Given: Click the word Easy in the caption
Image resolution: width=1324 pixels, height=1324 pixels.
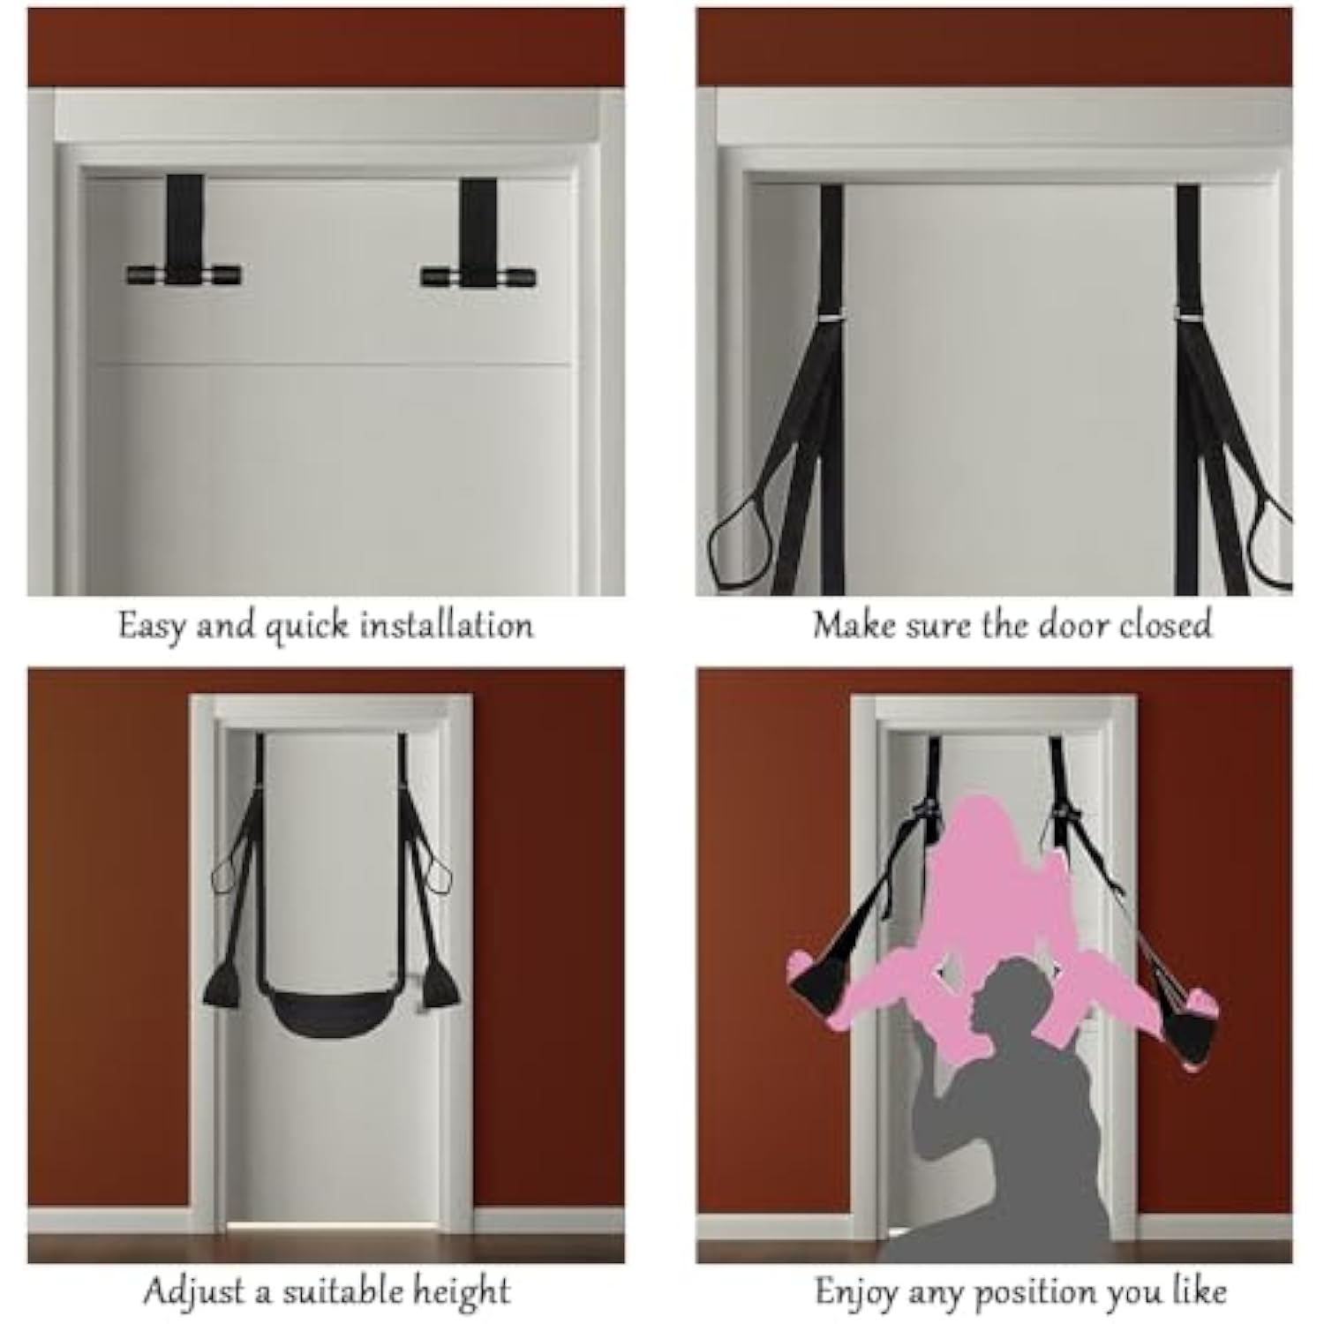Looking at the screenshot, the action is pyautogui.click(x=152, y=627).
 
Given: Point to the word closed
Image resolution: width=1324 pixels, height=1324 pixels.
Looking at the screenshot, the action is pyautogui.click(x=1165, y=624).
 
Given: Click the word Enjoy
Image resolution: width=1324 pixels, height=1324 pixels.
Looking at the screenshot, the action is pyautogui.click(x=855, y=1293).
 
